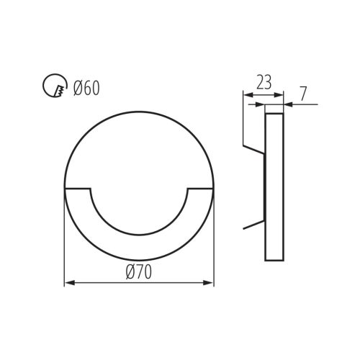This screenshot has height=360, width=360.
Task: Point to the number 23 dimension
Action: pyautogui.click(x=264, y=82)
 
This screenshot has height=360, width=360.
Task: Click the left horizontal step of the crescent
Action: pyautogui.click(x=78, y=189)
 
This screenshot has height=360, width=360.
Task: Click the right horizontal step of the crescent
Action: pyautogui.click(x=201, y=189)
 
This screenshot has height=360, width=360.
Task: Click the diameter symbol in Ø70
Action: pyautogui.click(x=130, y=272)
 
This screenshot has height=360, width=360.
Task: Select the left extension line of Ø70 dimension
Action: pyautogui.click(x=65, y=238)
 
